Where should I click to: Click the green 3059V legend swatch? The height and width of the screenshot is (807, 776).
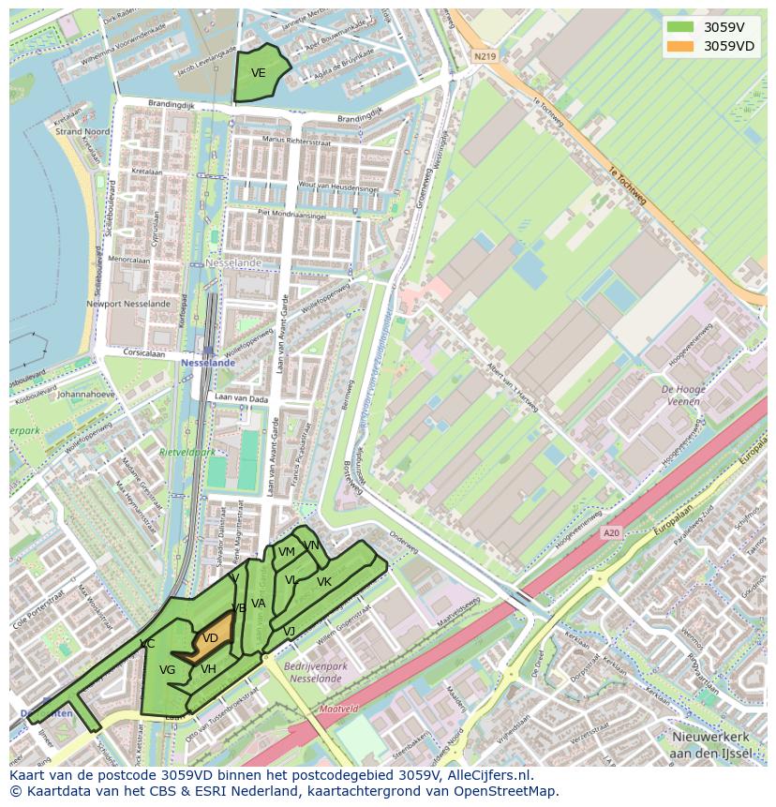680,27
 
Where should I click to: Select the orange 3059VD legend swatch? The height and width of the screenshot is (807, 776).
680,46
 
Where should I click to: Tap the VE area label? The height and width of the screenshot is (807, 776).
258,73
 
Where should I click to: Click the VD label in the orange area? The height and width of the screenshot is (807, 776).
211,638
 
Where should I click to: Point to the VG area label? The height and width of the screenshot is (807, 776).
168,670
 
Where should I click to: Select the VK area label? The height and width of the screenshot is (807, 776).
323,582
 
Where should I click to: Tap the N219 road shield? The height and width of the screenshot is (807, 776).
484,56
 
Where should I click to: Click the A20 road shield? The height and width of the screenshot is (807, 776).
611,533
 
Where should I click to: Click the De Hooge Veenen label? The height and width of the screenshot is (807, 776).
683,395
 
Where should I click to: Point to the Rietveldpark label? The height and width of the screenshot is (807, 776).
187,452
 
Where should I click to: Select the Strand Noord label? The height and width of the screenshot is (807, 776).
82,132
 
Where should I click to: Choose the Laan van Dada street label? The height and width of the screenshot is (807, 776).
241,400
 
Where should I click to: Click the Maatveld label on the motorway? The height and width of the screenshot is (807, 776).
338,710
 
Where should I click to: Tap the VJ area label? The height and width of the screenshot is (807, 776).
289,632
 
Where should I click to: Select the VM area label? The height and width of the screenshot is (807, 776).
286,552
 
